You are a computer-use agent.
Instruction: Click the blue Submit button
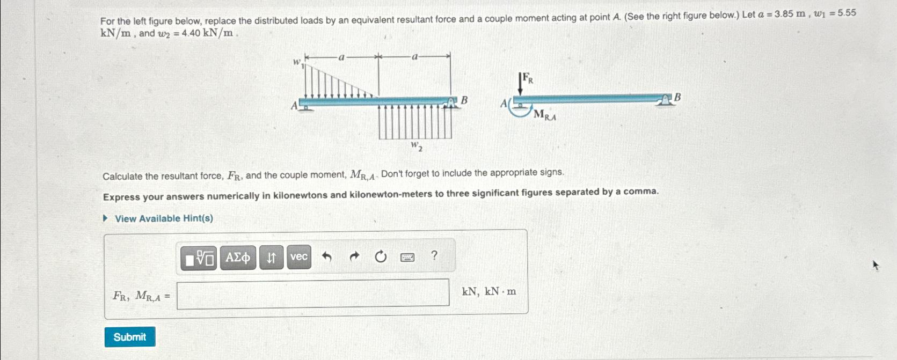(x=130, y=337)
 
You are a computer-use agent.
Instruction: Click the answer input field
(x=313, y=293)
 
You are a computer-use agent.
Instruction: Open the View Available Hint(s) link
(x=164, y=218)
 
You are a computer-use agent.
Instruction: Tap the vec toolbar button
(x=299, y=257)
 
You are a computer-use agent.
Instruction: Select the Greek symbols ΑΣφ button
(x=238, y=258)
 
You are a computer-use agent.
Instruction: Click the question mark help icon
(x=434, y=255)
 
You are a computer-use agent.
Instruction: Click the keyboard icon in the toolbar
(x=407, y=258)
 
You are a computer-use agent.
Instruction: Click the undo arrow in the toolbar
(x=326, y=257)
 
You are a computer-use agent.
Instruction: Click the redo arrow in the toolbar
(x=354, y=257)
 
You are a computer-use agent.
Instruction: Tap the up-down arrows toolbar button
(x=271, y=258)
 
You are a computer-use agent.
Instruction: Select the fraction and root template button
(x=199, y=258)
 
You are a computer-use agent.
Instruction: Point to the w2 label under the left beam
(x=417, y=145)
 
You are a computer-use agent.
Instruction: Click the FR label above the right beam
(x=528, y=79)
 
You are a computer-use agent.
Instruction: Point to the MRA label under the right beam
(x=545, y=115)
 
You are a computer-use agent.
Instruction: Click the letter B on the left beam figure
(x=464, y=100)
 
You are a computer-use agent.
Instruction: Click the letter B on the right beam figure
(x=677, y=97)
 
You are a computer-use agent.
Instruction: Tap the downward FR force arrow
(x=520, y=85)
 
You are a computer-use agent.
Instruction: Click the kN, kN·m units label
(x=489, y=291)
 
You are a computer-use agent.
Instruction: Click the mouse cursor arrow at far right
(x=876, y=265)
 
